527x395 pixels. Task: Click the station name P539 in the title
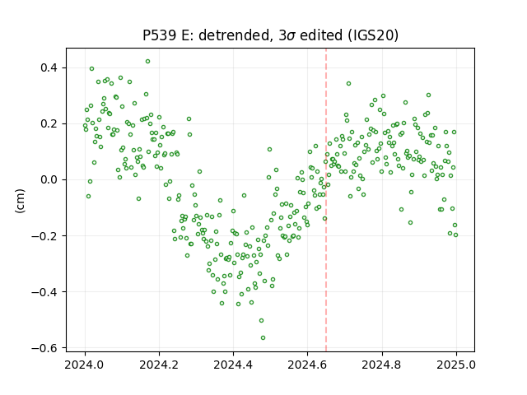(159, 35)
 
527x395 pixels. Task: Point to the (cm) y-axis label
(20, 201)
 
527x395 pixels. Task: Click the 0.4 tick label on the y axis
(49, 67)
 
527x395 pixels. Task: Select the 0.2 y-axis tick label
(49, 124)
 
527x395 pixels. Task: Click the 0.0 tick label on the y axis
(49, 179)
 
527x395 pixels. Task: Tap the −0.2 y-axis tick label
(44, 236)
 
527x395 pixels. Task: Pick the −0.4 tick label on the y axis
(44, 292)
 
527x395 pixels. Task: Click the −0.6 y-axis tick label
(44, 348)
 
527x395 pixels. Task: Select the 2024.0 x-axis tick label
(85, 365)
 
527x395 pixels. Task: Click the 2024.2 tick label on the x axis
(159, 365)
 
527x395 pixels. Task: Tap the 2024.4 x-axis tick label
(233, 365)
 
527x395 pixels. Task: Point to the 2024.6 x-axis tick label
(307, 365)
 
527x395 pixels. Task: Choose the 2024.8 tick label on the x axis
(382, 365)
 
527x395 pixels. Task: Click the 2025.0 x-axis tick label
(456, 365)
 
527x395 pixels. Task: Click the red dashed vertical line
(326, 200)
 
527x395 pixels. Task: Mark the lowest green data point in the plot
(263, 337)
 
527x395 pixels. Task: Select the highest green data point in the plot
(148, 62)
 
